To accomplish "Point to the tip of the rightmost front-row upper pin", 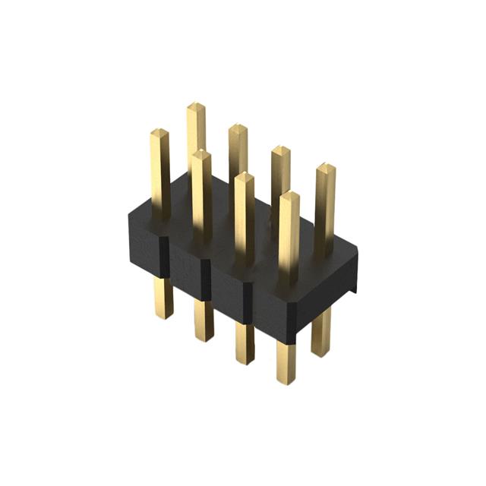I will (289, 197).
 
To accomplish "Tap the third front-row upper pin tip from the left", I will (244, 177).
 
